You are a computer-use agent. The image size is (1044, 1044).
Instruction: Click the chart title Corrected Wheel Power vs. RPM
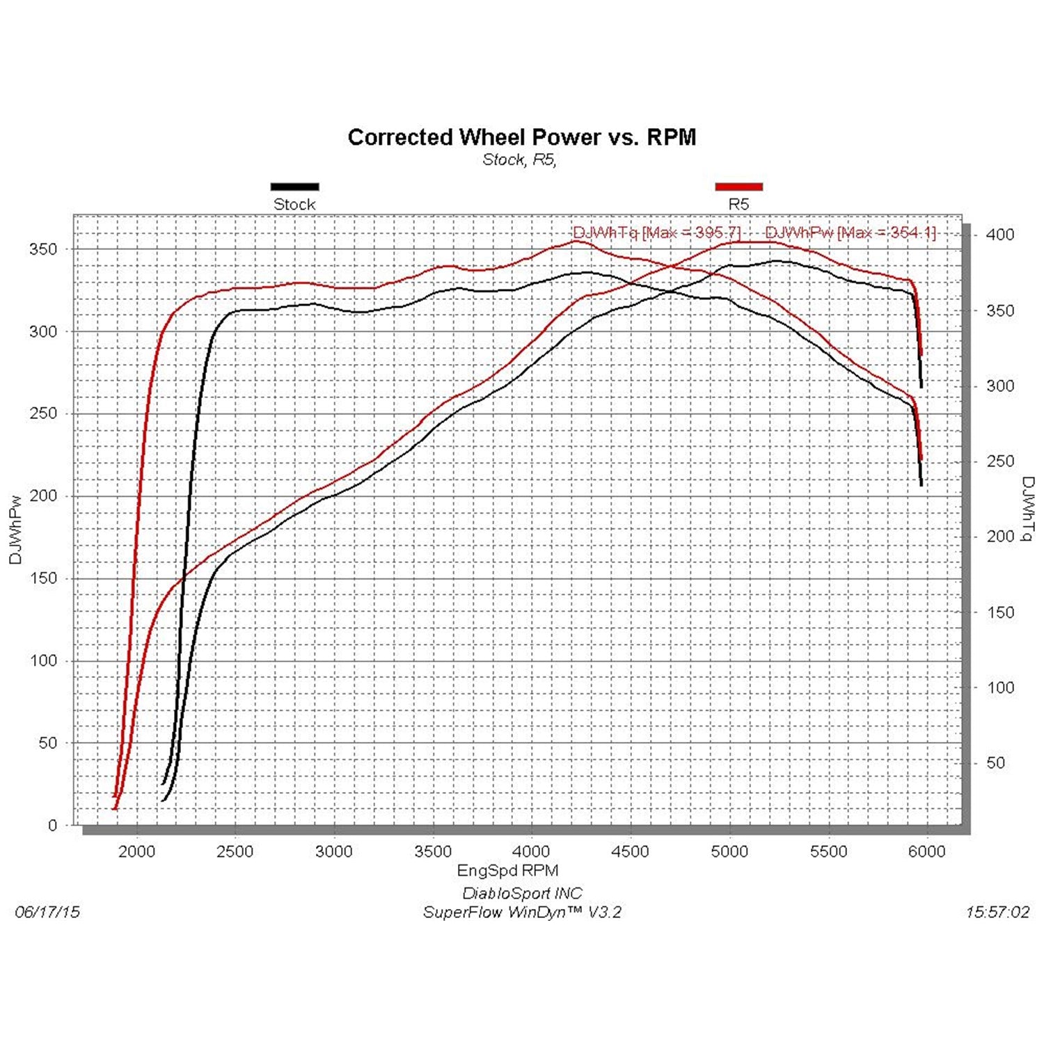(521, 137)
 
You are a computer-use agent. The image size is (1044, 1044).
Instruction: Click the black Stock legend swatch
(294, 187)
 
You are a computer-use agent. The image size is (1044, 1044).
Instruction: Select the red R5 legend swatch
(738, 187)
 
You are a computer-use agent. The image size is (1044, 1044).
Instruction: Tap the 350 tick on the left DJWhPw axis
(43, 249)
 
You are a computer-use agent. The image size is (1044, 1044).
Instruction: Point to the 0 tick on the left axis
(53, 825)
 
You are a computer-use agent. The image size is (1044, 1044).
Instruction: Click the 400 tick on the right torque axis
(1000, 235)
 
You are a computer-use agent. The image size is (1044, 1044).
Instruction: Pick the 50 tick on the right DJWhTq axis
(995, 763)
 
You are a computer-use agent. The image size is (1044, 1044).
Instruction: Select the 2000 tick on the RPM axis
(136, 851)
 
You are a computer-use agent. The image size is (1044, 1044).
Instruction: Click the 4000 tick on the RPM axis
(532, 851)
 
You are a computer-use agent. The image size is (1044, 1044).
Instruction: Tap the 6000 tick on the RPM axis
(927, 851)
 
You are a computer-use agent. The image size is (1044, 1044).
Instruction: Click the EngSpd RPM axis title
(507, 870)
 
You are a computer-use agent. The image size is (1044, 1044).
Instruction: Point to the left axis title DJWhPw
(16, 530)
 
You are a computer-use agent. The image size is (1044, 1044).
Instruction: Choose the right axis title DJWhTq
(1028, 509)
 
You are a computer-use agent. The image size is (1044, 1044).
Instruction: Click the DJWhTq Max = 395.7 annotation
(656, 232)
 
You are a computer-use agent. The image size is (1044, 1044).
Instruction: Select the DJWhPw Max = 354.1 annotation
(851, 232)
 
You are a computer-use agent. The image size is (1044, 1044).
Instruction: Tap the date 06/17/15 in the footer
(47, 912)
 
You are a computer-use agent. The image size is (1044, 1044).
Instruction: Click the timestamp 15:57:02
(997, 912)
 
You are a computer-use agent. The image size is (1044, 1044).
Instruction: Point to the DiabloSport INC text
(522, 893)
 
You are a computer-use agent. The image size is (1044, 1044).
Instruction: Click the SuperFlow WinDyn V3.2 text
(522, 912)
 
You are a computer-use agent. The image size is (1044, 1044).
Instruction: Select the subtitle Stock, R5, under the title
(519, 160)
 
